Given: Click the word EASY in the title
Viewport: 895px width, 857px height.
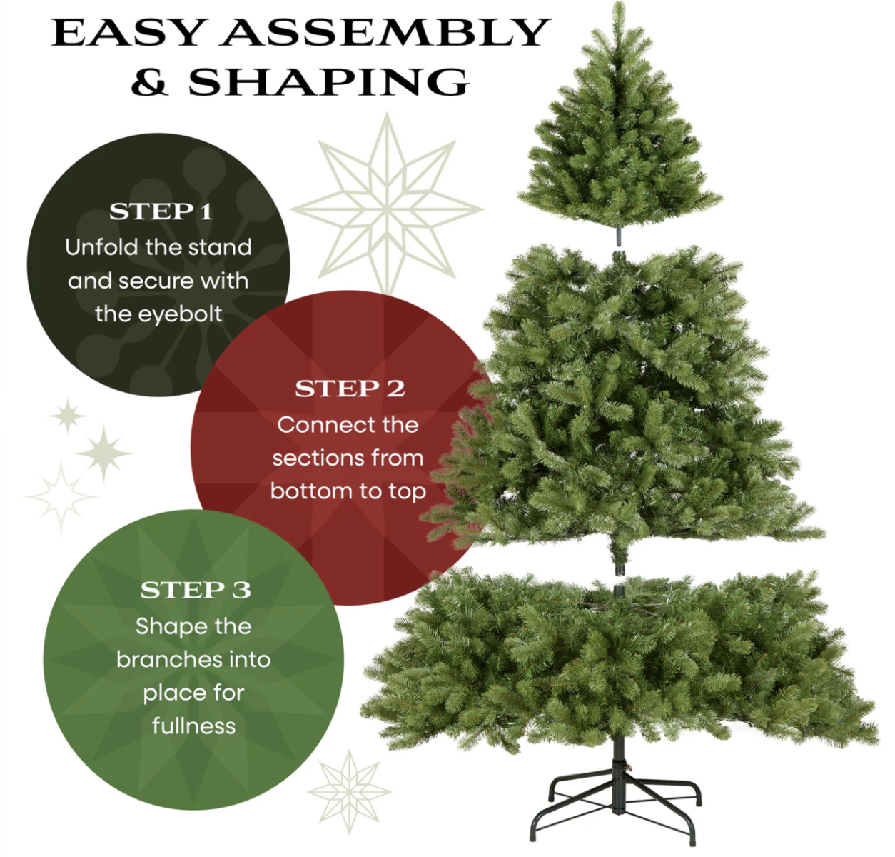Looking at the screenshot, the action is tap(127, 32).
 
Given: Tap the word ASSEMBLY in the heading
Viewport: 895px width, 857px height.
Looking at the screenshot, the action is tap(385, 32).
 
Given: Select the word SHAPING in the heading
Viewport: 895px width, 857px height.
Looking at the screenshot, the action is tap(329, 82).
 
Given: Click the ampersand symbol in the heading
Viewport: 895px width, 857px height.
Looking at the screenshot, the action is tap(150, 82).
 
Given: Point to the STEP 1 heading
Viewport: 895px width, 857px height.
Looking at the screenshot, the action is tap(161, 211).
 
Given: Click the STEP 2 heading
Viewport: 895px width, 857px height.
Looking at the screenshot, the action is tap(350, 389).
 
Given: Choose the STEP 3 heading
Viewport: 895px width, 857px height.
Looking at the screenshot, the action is tap(196, 590).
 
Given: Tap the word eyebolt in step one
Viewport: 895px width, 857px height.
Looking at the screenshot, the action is tap(158, 314).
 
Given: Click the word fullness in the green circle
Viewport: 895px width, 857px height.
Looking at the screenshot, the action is tap(193, 726).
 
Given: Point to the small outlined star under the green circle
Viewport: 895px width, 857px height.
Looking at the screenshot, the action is tap(349, 792).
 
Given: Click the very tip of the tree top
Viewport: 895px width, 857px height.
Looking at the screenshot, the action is tap(619, 3).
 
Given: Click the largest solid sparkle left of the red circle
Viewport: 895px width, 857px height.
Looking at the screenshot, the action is tap(104, 453).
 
